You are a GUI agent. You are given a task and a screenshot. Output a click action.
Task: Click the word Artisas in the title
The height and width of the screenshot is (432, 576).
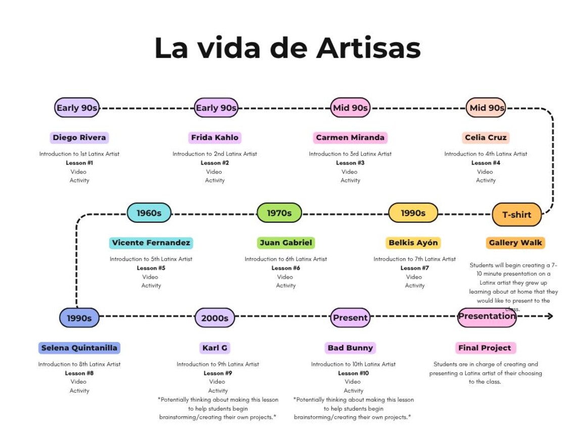(368, 48)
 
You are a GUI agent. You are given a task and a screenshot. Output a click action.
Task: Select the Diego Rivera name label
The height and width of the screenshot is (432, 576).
(79, 138)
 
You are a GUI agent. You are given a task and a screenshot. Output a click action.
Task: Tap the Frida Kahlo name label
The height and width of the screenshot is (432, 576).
(215, 138)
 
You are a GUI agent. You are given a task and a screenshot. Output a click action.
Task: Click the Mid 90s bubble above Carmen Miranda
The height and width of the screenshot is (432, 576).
(350, 108)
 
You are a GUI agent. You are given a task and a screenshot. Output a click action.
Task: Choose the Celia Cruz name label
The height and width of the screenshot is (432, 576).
(486, 138)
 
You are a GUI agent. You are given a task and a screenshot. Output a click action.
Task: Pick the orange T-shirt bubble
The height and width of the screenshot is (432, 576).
(516, 215)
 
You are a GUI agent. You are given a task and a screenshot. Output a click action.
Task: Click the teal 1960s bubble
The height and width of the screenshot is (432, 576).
(149, 213)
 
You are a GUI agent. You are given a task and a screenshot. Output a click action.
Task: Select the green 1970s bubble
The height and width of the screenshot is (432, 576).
(279, 213)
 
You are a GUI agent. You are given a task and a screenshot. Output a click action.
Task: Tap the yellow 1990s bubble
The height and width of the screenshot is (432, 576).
(413, 213)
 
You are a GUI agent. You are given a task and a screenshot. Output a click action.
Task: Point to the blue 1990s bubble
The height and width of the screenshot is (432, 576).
(79, 318)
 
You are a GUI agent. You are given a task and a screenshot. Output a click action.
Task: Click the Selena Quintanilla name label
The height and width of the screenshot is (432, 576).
(79, 348)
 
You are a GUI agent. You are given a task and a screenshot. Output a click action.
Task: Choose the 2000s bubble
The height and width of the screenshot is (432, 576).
(215, 318)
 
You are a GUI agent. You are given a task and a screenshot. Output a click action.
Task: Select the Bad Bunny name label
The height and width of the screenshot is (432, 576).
(350, 348)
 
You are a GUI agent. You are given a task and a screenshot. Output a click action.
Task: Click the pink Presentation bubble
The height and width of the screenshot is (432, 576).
(487, 317)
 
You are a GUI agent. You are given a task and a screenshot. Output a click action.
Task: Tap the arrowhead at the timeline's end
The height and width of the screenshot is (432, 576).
(550, 316)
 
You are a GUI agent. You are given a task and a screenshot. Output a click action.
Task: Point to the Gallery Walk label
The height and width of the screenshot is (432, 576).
(515, 243)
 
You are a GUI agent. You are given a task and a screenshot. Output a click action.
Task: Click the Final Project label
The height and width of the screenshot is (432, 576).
(485, 348)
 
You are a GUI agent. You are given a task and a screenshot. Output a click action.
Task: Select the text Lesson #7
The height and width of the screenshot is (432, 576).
(415, 268)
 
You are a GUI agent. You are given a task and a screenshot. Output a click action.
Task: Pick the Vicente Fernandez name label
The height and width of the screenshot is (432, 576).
(151, 243)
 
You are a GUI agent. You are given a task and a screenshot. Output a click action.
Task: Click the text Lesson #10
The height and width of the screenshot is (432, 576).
(353, 373)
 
